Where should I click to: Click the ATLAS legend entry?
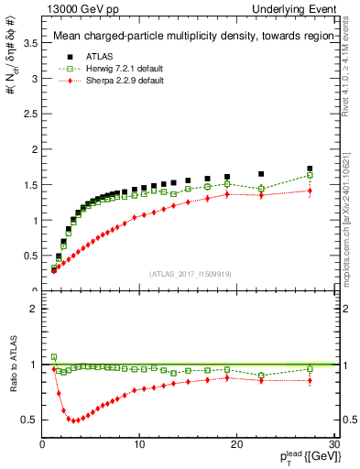click(88, 55)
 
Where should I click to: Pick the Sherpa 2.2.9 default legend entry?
click(108, 82)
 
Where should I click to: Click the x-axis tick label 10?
click(139, 445)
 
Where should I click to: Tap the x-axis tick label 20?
click(236, 445)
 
